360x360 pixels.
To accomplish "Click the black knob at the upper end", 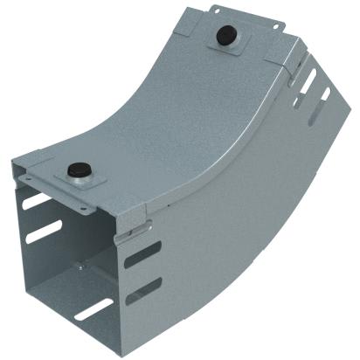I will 226,37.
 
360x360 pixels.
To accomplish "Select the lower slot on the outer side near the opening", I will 143,289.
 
